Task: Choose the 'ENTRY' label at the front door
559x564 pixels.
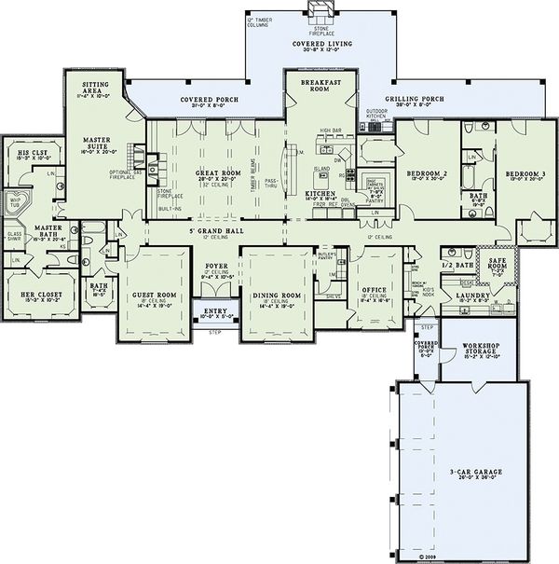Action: coord(214,310)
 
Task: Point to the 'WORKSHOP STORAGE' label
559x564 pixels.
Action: coord(474,351)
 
